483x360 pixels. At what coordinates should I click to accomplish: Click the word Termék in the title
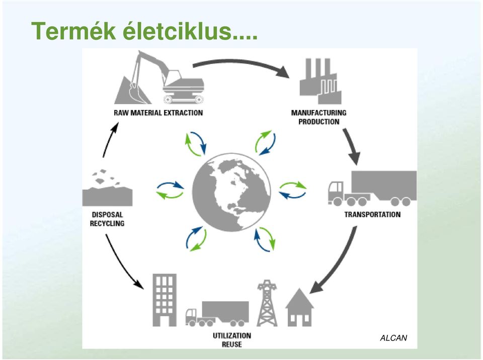click(73, 31)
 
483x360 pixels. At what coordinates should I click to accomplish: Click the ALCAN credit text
click(393, 338)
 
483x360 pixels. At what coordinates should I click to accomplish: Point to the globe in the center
click(231, 192)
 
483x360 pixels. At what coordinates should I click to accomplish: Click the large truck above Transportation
click(372, 189)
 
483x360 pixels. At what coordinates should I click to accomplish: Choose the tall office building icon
click(165, 300)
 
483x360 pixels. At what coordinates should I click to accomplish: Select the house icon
click(299, 307)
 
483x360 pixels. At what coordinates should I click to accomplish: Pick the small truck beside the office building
click(217, 314)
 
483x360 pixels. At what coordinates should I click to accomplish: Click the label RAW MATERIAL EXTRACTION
click(158, 113)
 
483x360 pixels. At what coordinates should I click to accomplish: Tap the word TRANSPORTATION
click(372, 214)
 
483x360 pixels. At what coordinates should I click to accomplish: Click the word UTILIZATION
click(232, 335)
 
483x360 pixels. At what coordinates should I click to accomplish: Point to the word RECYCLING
click(107, 223)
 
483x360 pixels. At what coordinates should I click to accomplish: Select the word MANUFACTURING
click(319, 113)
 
